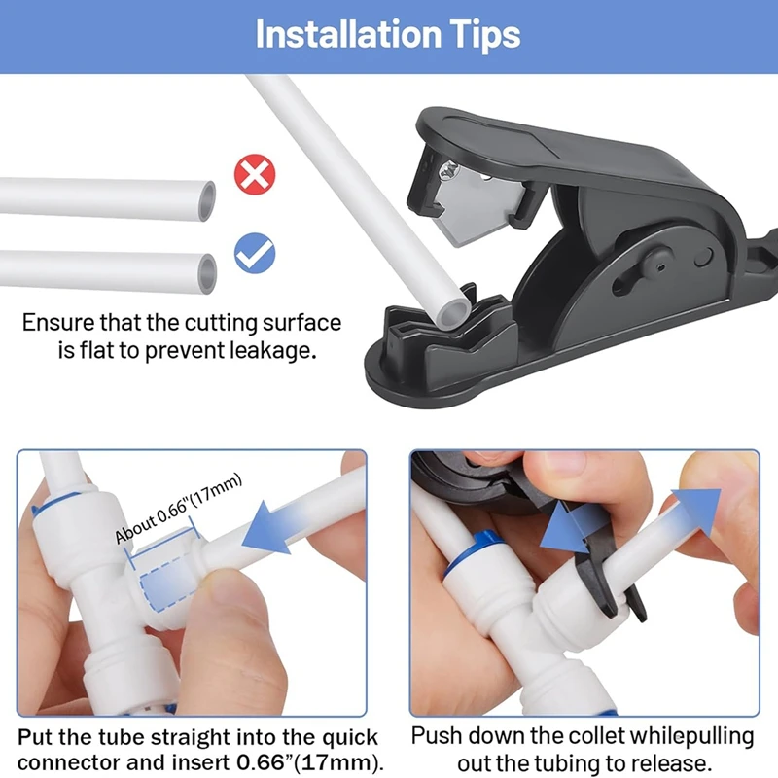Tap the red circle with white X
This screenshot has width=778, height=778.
[255, 176]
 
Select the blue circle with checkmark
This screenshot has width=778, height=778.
[255, 254]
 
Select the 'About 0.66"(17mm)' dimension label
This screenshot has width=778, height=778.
[178, 511]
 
